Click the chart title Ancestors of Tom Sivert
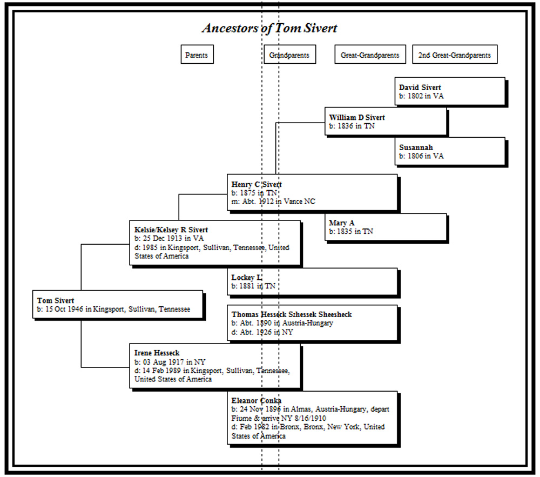tap(269, 29)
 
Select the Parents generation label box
tap(196, 55)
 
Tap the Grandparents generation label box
tap(289, 55)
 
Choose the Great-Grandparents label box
tap(370, 55)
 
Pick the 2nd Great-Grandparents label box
tap(454, 55)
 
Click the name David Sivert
tap(420, 87)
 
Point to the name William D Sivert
tap(356, 117)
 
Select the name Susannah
tap(416, 147)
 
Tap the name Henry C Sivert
tap(256, 184)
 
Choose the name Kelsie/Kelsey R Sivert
tap(171, 230)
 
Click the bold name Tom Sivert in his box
tap(56, 300)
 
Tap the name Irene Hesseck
tap(157, 353)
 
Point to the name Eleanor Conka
tap(256, 400)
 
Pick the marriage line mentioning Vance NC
tap(273, 201)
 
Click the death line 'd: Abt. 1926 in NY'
tap(262, 332)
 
